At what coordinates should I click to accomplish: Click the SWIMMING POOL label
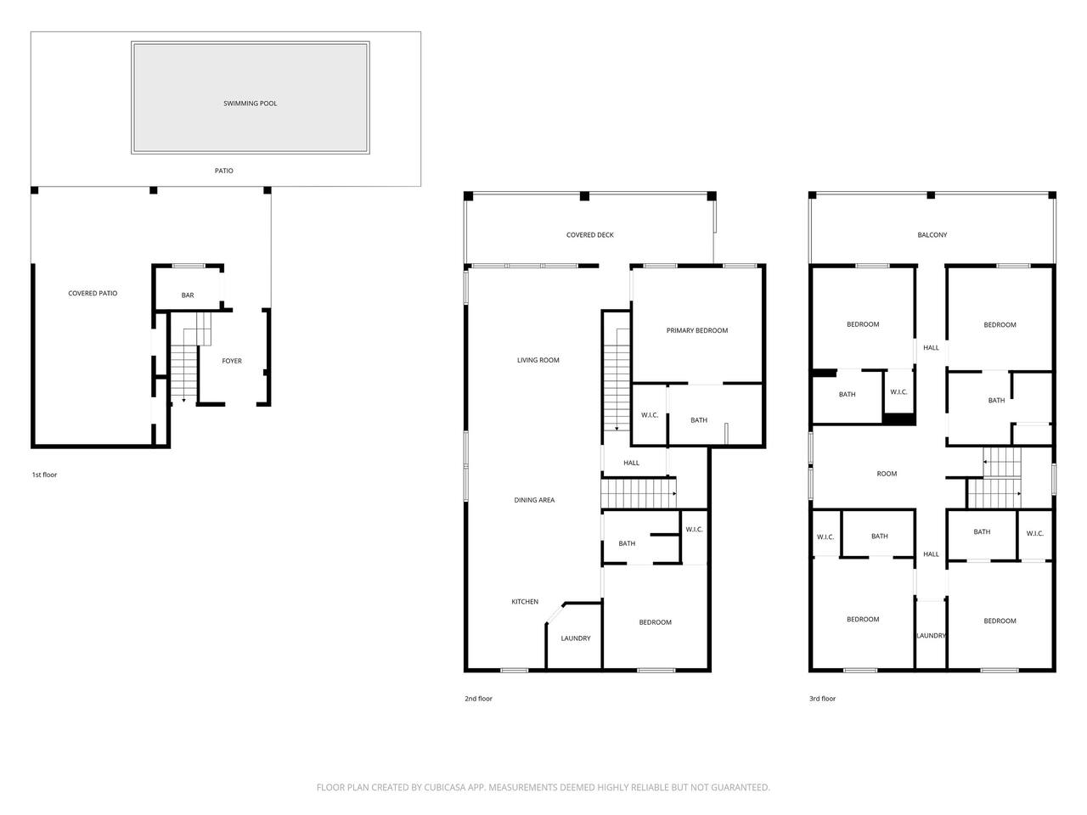pos(250,104)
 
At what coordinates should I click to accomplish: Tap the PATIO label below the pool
pos(224,171)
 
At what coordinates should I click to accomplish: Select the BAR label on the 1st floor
pos(188,295)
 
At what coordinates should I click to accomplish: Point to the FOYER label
pos(232,362)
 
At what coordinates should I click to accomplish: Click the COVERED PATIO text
pos(93,294)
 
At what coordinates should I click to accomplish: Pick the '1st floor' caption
pos(44,475)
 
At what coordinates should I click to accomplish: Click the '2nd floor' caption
pos(478,699)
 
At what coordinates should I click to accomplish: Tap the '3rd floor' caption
pos(823,699)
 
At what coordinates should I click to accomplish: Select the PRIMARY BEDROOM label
pos(697,330)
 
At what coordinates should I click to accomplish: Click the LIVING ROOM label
pos(538,360)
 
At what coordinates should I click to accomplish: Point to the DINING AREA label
pos(534,500)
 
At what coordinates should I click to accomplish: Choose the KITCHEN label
pos(525,602)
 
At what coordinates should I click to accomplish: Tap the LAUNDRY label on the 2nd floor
pos(576,638)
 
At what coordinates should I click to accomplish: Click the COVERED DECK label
pos(590,235)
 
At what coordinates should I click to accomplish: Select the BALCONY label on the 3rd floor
pos(932,235)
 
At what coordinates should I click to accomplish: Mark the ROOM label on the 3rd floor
pos(887,474)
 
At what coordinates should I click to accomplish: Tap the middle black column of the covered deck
pos(584,196)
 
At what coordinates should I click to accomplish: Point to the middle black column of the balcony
pos(931,195)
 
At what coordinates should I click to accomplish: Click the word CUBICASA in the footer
pos(445,787)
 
